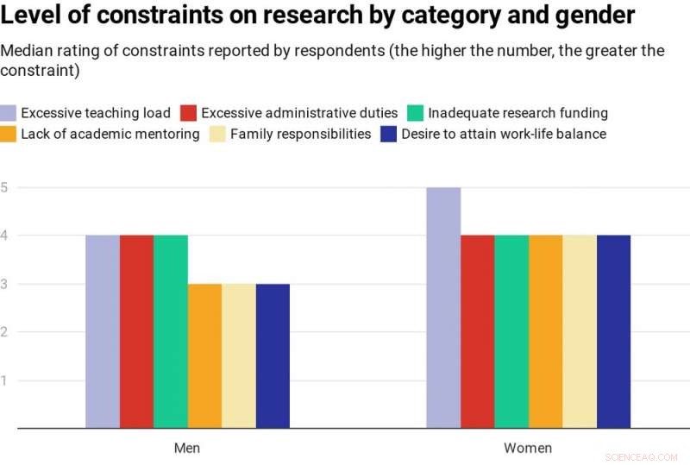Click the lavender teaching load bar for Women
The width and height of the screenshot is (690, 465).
(x=443, y=307)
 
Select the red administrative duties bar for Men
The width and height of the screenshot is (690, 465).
(x=136, y=331)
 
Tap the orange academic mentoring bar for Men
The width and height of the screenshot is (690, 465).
(x=204, y=355)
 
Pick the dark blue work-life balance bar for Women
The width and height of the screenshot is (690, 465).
(x=613, y=331)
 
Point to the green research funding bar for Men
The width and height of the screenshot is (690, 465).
(x=171, y=331)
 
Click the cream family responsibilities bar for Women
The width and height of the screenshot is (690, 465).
(x=580, y=331)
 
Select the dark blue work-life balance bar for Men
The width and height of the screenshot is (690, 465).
(x=273, y=355)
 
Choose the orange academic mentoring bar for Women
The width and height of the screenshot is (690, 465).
(x=545, y=331)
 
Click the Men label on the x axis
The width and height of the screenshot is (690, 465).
(x=187, y=448)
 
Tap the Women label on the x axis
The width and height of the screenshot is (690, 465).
(x=528, y=448)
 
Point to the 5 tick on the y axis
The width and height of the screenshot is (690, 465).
(x=4, y=187)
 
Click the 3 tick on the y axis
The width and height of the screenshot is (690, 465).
(x=4, y=284)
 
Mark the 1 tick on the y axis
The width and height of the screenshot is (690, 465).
(x=4, y=380)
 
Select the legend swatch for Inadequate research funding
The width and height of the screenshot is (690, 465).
(x=415, y=113)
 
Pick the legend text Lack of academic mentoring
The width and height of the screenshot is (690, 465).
(x=110, y=134)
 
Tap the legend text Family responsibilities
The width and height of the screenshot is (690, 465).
(x=300, y=134)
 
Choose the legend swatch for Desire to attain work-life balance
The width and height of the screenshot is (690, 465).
(x=388, y=134)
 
